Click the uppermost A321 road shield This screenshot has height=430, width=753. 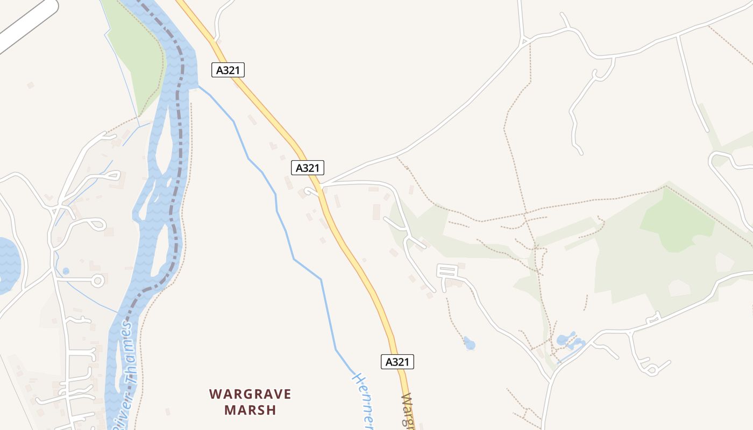(x=228, y=70)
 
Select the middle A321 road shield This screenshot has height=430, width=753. (x=308, y=168)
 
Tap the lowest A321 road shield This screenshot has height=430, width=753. (x=397, y=362)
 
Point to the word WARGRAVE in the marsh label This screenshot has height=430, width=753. (x=250, y=394)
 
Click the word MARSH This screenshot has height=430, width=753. (x=250, y=410)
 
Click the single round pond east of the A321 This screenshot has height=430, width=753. (x=470, y=343)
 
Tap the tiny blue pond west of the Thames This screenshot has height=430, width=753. (x=66, y=271)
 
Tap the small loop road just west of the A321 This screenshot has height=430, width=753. (x=310, y=191)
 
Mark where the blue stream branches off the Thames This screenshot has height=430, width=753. (x=198, y=85)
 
